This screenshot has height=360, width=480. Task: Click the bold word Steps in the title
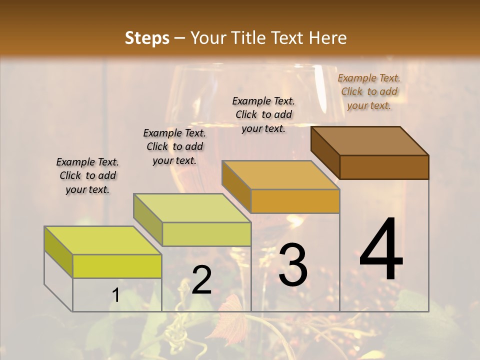147,38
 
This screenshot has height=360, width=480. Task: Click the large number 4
381,249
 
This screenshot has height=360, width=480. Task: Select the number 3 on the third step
293,265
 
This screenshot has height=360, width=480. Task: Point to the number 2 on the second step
201,280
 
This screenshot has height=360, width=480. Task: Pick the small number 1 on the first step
116,295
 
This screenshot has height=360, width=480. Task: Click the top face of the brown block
369,140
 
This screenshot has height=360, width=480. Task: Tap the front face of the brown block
384,167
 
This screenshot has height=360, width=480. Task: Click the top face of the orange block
280,175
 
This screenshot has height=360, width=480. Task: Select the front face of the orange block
295,201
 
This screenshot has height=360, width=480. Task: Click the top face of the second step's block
192,207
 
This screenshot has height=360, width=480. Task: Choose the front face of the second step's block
206,234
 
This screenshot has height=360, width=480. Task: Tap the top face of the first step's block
103,240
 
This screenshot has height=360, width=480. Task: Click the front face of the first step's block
117,266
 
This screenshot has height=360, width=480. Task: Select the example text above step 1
87,175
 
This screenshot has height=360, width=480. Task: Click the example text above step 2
174,146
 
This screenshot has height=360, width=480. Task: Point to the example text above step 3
263,114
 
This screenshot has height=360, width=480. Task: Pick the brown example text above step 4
369,91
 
